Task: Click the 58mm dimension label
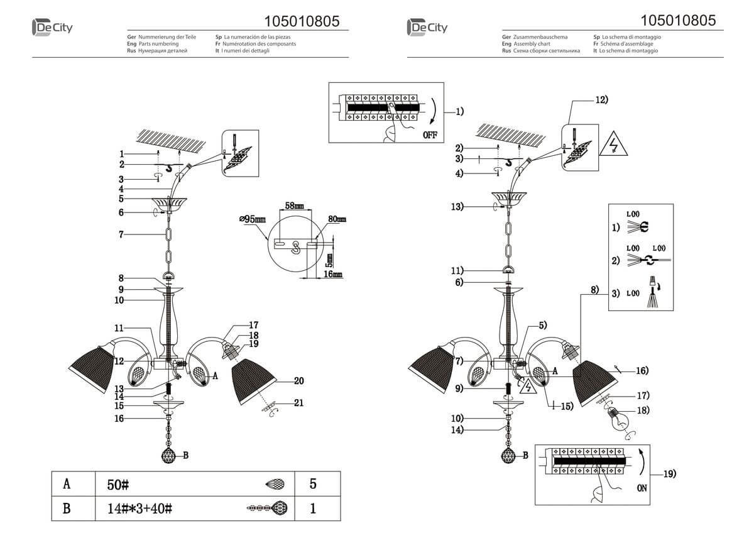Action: point(294,206)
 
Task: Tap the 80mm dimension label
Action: point(337,219)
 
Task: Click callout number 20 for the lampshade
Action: point(298,381)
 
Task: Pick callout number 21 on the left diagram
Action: point(298,403)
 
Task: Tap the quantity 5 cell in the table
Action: point(313,485)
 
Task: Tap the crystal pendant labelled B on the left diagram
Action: point(169,456)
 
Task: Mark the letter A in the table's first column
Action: point(67,485)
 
